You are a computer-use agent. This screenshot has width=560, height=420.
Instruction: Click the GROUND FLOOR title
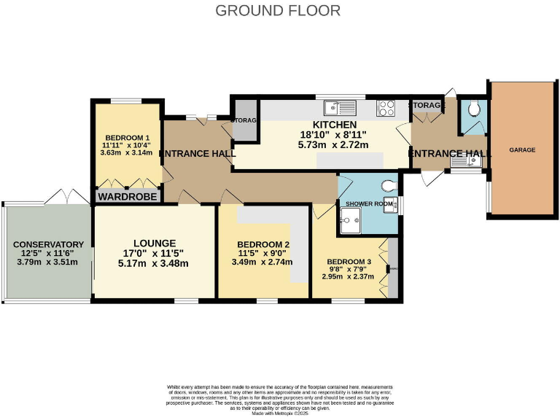click(278, 10)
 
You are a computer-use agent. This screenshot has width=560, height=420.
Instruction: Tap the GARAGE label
click(522, 149)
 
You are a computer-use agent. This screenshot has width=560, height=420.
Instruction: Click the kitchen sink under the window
click(340, 109)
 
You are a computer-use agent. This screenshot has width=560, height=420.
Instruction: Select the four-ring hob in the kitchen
click(386, 109)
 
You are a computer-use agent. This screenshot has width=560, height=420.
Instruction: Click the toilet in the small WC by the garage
click(475, 109)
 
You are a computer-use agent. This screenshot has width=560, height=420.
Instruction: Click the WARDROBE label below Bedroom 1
click(128, 196)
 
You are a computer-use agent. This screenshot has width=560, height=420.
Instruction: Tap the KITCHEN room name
click(332, 125)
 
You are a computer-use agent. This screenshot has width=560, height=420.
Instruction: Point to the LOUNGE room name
click(154, 243)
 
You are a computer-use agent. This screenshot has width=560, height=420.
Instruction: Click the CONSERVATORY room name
click(48, 244)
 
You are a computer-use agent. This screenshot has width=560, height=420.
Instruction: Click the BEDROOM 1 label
click(128, 138)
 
